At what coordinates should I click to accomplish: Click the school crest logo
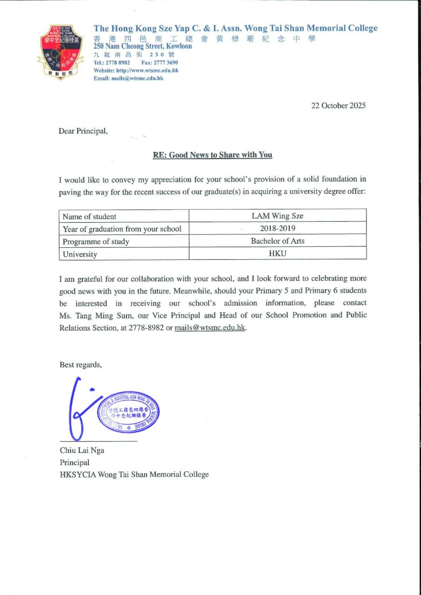61,52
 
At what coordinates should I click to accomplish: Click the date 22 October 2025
338,106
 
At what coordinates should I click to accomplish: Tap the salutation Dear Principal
83,131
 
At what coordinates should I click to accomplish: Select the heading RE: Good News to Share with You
213,155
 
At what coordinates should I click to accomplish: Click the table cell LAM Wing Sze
278,216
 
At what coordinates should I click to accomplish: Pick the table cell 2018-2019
278,228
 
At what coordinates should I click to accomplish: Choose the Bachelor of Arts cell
278,241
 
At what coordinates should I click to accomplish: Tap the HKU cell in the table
278,253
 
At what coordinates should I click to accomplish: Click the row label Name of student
89,216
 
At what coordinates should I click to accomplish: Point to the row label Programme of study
96,242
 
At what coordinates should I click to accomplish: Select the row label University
80,254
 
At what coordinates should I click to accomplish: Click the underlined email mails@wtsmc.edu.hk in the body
210,327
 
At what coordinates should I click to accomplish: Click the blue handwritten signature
79,410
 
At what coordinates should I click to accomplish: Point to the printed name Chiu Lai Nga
82,450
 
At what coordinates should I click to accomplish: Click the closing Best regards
81,365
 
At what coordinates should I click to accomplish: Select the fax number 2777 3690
166,62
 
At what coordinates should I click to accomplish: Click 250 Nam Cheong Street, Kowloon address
142,46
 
